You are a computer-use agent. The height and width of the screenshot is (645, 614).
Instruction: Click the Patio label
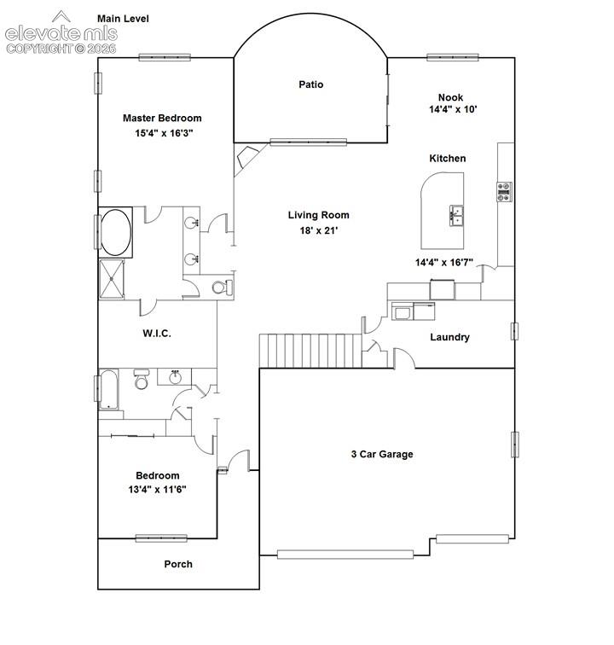point(311,84)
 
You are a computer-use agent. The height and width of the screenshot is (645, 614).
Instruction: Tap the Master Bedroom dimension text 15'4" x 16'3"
point(164,133)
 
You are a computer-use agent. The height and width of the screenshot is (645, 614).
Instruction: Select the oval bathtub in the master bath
point(116,232)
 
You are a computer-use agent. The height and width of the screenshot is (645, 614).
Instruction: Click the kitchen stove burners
point(504,192)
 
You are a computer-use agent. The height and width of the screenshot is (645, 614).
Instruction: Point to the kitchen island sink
point(456,215)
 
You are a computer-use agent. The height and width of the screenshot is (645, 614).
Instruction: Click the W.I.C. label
point(157,334)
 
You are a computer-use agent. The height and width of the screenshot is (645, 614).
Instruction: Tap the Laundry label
point(449,337)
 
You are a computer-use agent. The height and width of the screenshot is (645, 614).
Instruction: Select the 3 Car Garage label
point(382,454)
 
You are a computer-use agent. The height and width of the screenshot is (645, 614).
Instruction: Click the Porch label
point(178,564)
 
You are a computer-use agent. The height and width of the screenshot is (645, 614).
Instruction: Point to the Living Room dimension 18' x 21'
point(319,230)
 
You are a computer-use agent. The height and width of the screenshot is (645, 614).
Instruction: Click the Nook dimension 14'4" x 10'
point(453,109)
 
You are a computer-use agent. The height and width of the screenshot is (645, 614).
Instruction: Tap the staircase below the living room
point(310,351)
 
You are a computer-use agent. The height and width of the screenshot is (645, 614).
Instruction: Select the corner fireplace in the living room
point(246,157)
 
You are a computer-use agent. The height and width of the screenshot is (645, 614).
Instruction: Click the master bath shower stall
point(112,279)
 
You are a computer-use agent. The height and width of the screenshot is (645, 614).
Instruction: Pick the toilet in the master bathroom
point(223,288)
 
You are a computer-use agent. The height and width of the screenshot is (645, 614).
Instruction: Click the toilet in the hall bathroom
point(142,380)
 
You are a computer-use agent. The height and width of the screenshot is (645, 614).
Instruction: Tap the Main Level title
point(123,19)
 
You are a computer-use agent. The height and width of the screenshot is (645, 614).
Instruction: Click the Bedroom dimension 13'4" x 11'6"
point(157,490)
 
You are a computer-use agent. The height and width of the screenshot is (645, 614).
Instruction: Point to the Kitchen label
point(448,159)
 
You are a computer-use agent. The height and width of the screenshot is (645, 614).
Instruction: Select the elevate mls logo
point(61,32)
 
